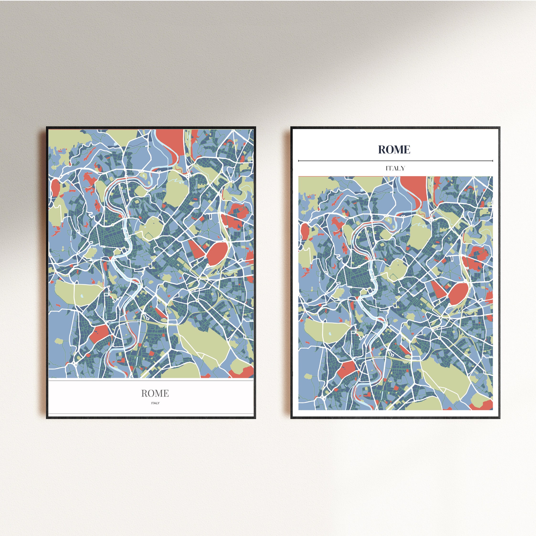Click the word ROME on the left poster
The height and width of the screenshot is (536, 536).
(155, 393)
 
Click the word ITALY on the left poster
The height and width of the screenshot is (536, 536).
(155, 403)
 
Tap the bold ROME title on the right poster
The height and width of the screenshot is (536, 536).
(394, 149)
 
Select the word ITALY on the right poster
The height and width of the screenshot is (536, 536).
(395, 168)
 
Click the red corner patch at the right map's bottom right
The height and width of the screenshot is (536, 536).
(484, 405)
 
